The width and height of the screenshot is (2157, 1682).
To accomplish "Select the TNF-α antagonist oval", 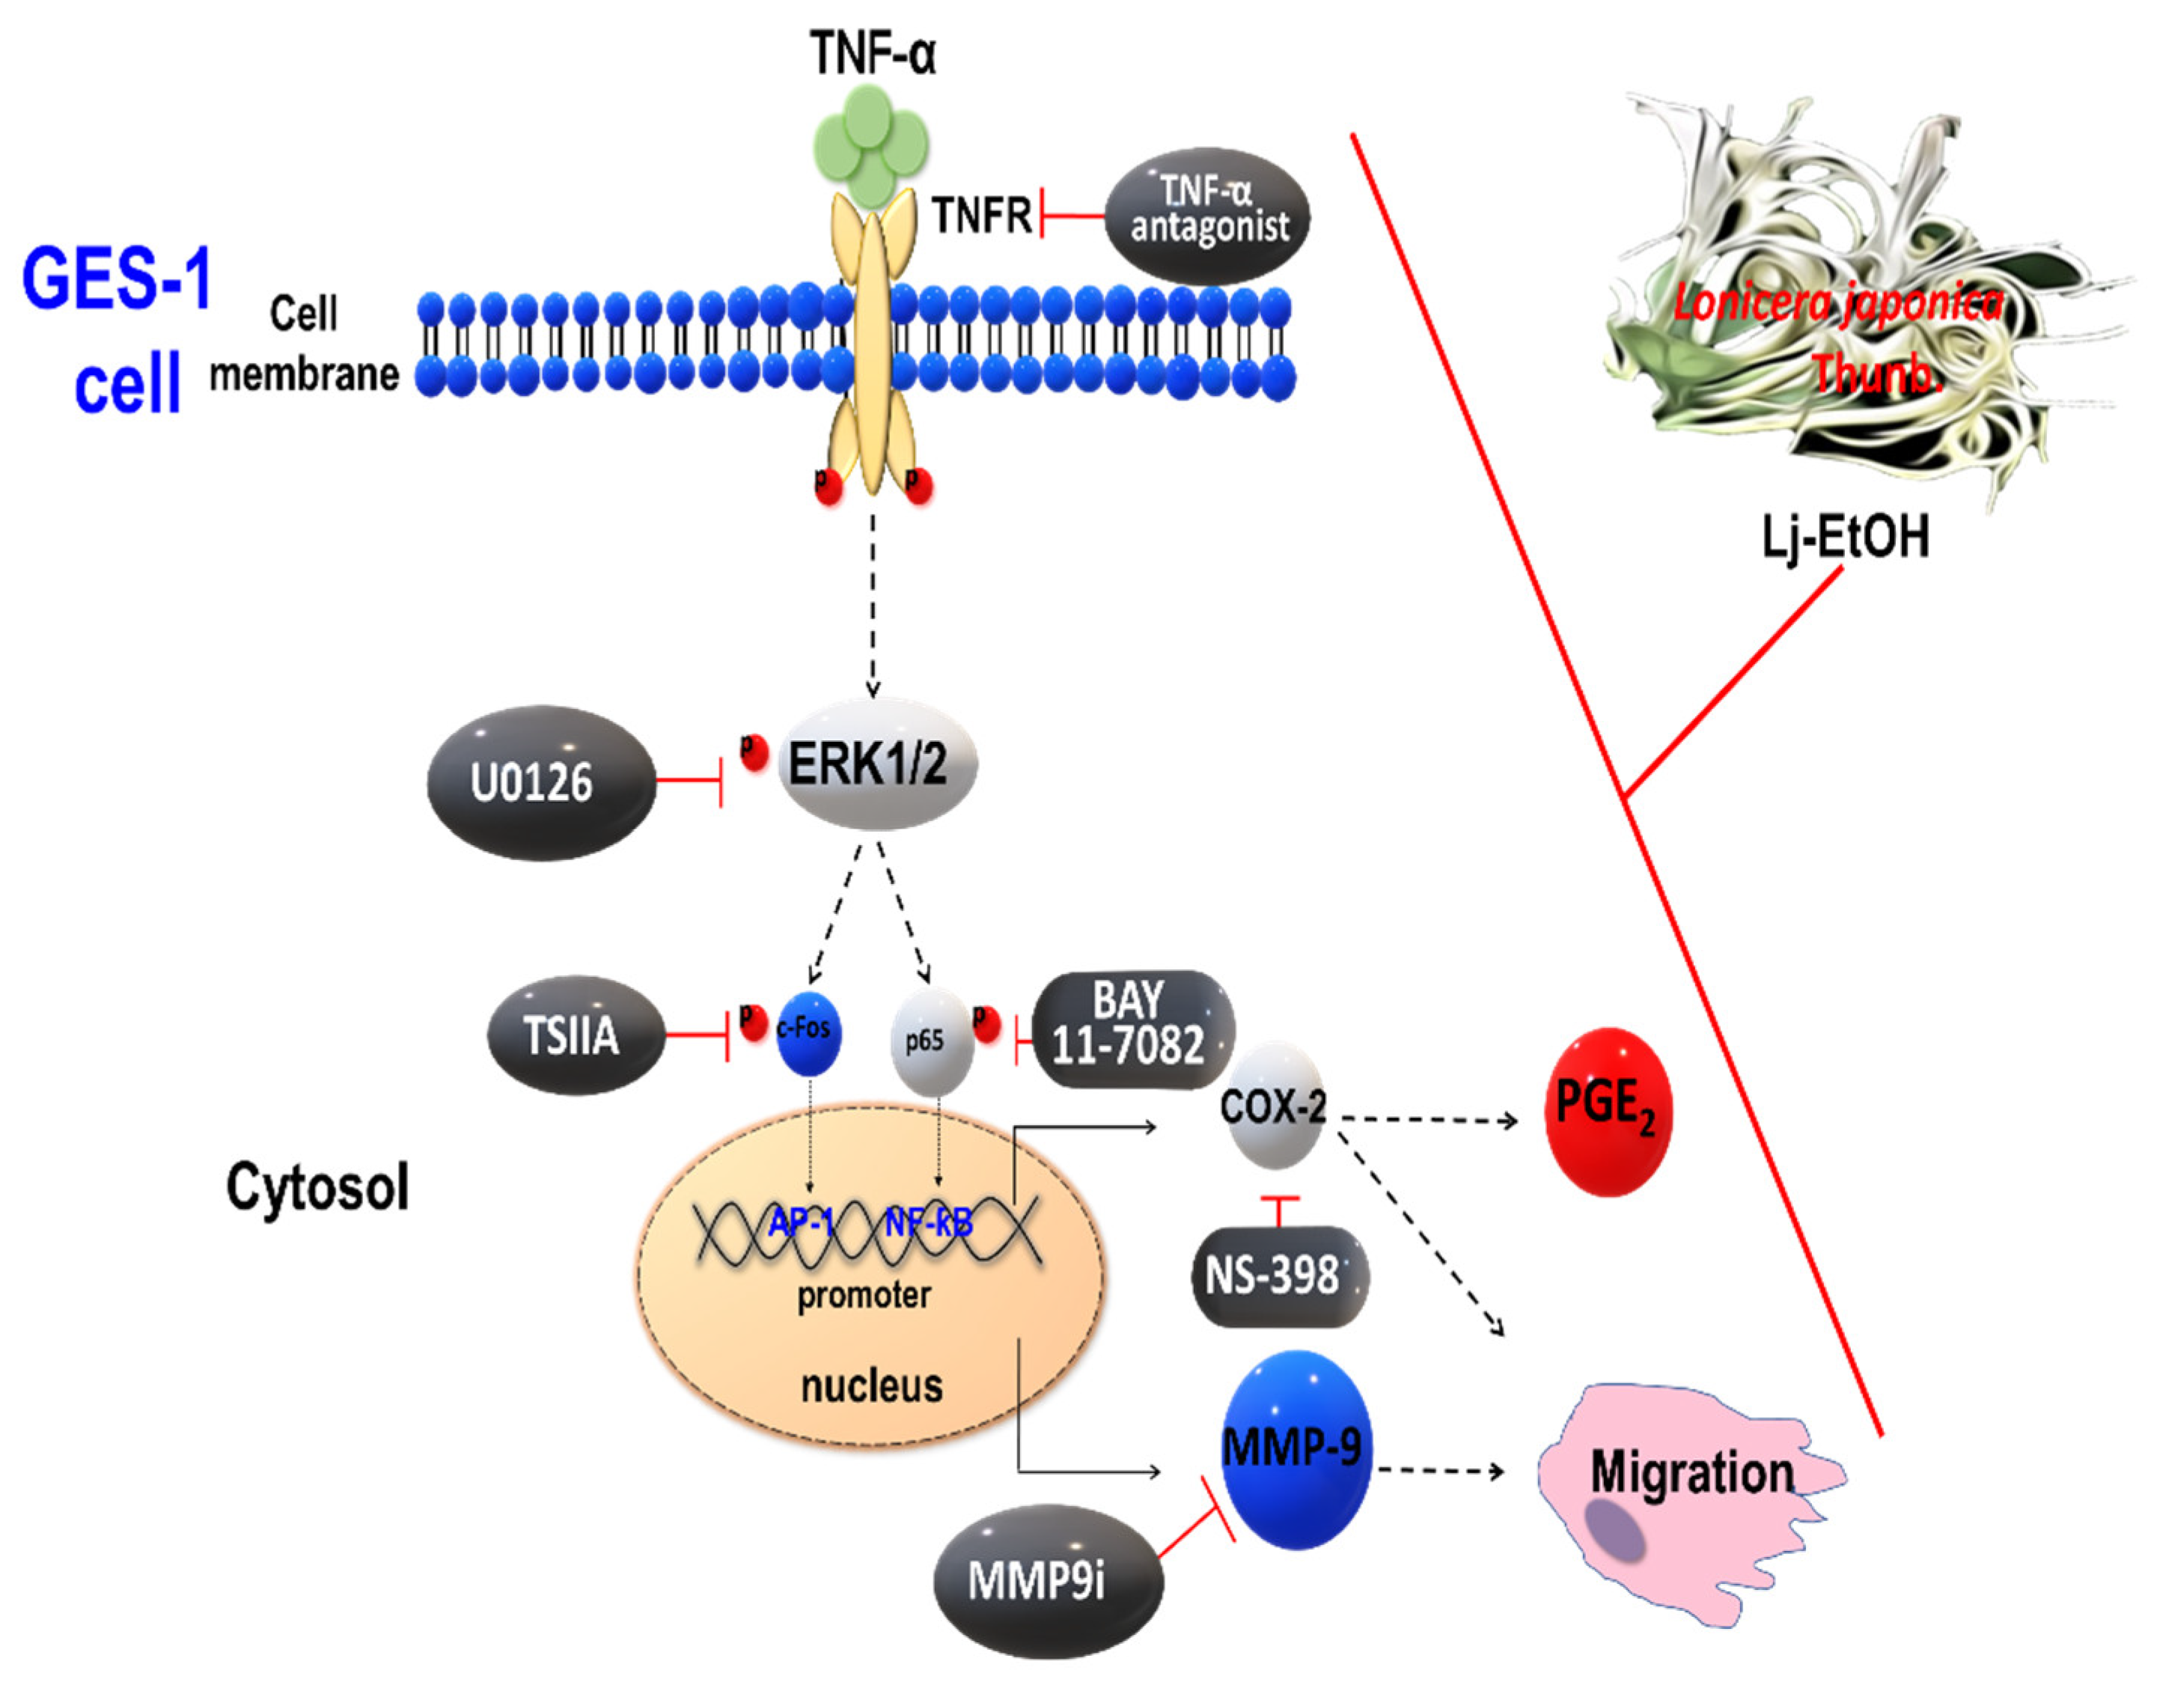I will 1207,216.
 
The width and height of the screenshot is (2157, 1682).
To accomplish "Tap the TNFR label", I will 980,216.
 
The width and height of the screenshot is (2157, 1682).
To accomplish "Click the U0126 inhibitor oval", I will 540,782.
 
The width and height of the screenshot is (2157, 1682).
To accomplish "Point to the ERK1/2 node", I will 877,764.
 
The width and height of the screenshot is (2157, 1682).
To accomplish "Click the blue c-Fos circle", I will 808,1032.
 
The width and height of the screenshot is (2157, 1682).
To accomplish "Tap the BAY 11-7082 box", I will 1132,1029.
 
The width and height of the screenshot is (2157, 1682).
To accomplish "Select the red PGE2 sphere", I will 1607,1110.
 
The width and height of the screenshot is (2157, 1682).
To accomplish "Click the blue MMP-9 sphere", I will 1295,1449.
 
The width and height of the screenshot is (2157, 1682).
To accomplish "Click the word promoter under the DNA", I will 863,1295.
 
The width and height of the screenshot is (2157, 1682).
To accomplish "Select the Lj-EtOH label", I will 1845,537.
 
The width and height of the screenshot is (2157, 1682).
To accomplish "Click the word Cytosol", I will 317,1186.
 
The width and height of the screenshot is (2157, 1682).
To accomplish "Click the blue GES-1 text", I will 117,278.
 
